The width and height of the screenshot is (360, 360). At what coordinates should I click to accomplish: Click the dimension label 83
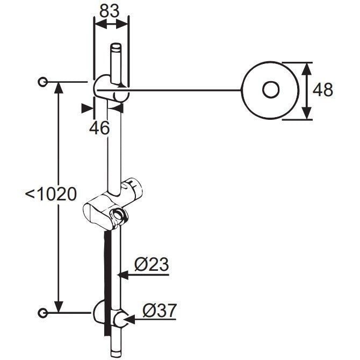click(x=109, y=11)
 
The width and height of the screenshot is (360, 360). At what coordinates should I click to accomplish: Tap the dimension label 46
click(x=99, y=128)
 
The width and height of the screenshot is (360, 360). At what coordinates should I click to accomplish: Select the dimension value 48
click(x=322, y=90)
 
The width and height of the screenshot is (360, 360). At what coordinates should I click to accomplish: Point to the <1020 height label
click(x=51, y=194)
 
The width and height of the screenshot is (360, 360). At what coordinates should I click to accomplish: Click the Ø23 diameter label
click(x=152, y=264)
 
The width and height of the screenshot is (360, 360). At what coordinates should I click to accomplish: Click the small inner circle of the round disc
click(x=271, y=90)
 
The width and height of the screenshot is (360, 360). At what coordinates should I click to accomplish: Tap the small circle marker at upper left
click(x=42, y=82)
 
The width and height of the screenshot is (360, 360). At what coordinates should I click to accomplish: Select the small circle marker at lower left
click(x=42, y=313)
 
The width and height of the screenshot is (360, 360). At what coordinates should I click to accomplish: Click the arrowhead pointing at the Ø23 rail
click(x=123, y=275)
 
